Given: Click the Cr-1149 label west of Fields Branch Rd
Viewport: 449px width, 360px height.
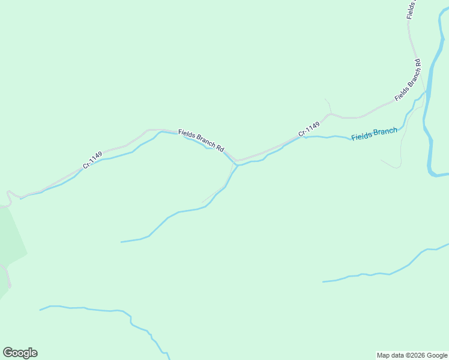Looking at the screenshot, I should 92,160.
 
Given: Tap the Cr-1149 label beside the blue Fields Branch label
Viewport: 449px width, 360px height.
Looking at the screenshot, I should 309,128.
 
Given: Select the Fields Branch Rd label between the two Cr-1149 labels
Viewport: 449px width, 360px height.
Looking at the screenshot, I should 201,140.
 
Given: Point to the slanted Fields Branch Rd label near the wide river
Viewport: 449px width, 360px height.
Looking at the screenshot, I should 408,80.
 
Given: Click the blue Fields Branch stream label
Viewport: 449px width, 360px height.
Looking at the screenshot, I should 374,134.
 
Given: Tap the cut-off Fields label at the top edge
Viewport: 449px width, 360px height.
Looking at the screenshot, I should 411,9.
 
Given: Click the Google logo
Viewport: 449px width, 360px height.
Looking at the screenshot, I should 20,353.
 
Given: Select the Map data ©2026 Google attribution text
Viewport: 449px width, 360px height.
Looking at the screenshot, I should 411,355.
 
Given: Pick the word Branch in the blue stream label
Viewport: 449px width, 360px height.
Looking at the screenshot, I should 385,132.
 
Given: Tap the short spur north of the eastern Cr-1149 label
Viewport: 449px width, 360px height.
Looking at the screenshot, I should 328,104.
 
